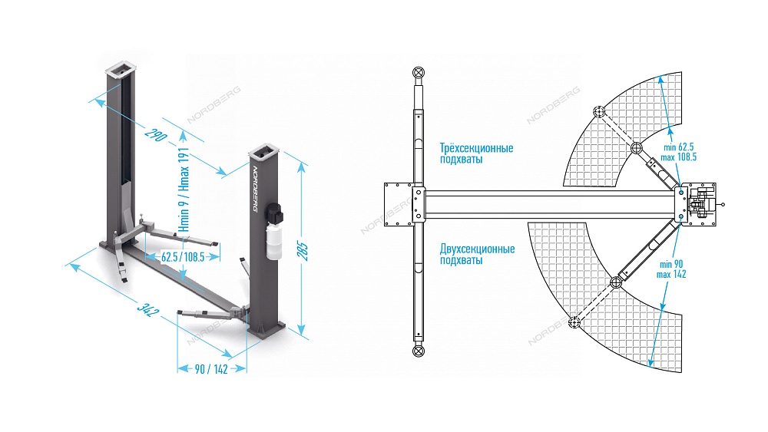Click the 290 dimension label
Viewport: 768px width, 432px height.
[x=156, y=134]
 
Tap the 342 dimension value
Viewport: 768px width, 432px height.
[x=145, y=309]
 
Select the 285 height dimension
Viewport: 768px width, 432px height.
[x=303, y=251]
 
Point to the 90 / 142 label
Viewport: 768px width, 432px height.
[x=212, y=369]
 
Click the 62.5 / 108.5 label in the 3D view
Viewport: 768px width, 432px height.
[x=183, y=257]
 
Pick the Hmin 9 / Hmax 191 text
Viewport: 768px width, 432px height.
[x=184, y=190]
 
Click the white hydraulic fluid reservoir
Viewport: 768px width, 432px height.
[x=274, y=240]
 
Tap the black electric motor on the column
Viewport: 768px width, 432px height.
[x=272, y=214]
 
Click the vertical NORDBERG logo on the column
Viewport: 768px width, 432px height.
[x=255, y=189]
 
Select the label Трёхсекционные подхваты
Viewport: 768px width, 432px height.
[x=476, y=153]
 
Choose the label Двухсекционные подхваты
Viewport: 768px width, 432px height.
[x=477, y=255]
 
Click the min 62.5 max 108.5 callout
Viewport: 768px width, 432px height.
[x=678, y=152]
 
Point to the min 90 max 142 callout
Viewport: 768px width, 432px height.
[x=671, y=269]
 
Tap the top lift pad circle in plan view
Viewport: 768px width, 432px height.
[x=419, y=72]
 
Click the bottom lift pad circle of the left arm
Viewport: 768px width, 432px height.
[x=419, y=351]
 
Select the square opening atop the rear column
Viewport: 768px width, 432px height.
[x=120, y=70]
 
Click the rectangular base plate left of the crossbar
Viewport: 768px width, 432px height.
[x=399, y=205]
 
